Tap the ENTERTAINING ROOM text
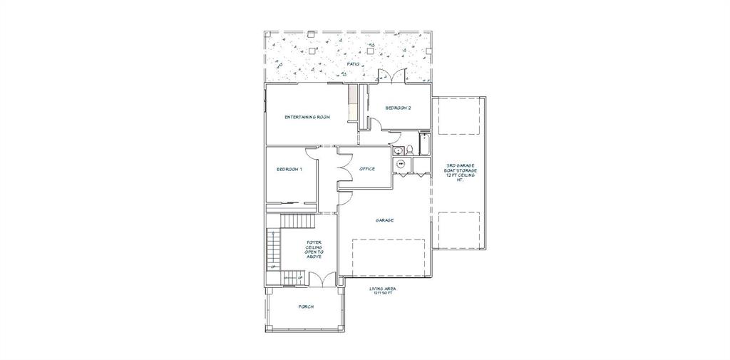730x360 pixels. click(x=307, y=117)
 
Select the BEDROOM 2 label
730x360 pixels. click(x=398, y=108)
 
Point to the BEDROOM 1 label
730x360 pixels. click(x=289, y=169)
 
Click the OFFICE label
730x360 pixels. click(x=367, y=169)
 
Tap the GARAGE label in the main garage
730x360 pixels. click(x=385, y=220)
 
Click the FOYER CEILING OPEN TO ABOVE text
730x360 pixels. click(x=314, y=249)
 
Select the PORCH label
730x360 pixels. click(x=306, y=307)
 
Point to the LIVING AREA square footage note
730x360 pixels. click(x=383, y=291)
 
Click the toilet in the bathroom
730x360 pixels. click(x=410, y=150)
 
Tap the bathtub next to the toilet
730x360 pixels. click(x=424, y=145)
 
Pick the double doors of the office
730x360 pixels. click(x=344, y=168)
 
